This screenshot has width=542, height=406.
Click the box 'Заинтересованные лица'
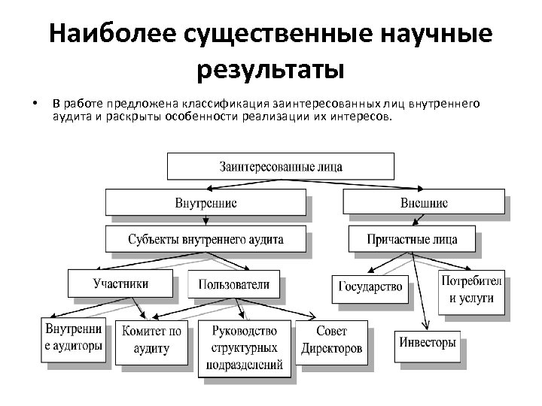click(280, 166)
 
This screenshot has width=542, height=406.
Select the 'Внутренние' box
click(206, 203)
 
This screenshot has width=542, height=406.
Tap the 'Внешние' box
click(423, 203)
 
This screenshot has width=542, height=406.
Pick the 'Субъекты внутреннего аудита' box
click(206, 240)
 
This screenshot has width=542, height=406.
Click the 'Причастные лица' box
click(412, 240)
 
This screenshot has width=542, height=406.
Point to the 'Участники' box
click(120, 283)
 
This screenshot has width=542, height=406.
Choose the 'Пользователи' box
click(233, 284)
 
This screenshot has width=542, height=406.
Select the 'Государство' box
click(370, 286)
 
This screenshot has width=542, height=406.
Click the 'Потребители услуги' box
click(471, 289)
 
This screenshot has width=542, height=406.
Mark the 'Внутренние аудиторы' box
click(73, 338)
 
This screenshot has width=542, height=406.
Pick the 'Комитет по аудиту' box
click(151, 341)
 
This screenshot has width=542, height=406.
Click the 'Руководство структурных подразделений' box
click(244, 347)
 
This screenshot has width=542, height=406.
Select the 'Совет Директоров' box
click(331, 341)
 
